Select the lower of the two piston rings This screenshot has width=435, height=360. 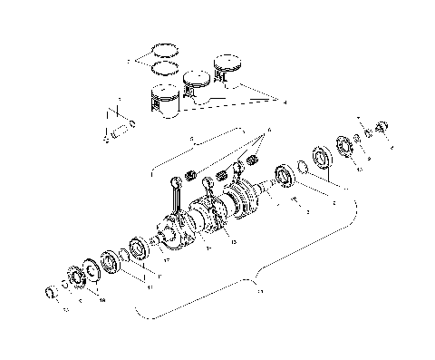pos(164,67)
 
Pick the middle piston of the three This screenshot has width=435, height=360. pos(195,83)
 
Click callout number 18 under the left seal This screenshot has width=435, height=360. pos(101,299)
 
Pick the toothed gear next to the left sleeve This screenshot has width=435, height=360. pos(74,277)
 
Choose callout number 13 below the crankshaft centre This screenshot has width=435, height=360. pos(234,242)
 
